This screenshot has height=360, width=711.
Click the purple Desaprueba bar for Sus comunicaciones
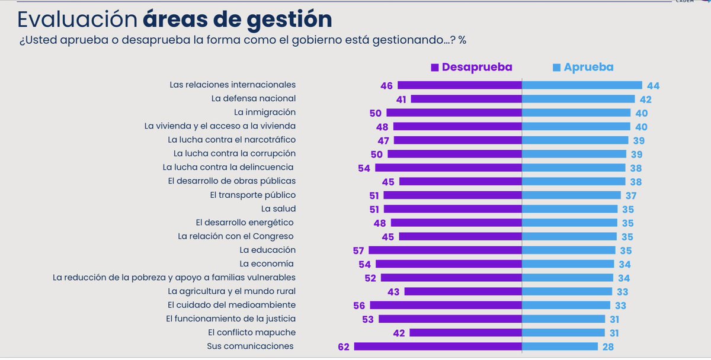click(x=438, y=346)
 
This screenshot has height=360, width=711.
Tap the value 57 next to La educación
click(x=358, y=250)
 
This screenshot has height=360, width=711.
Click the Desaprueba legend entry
click(x=472, y=67)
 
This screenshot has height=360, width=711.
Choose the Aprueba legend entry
click(x=583, y=67)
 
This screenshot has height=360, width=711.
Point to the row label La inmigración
click(x=264, y=112)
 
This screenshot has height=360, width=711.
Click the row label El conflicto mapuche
click(x=252, y=332)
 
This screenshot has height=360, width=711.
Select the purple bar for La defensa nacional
click(x=466, y=99)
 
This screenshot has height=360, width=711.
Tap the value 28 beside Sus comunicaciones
click(x=608, y=347)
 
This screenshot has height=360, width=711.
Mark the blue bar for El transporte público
click(x=571, y=195)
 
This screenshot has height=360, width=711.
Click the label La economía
click(x=267, y=263)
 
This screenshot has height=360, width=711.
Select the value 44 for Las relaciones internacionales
click(x=653, y=86)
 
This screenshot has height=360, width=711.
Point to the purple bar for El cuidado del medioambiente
click(x=446, y=305)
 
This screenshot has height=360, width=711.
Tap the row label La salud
click(x=278, y=208)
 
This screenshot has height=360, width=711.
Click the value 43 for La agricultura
click(x=394, y=291)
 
